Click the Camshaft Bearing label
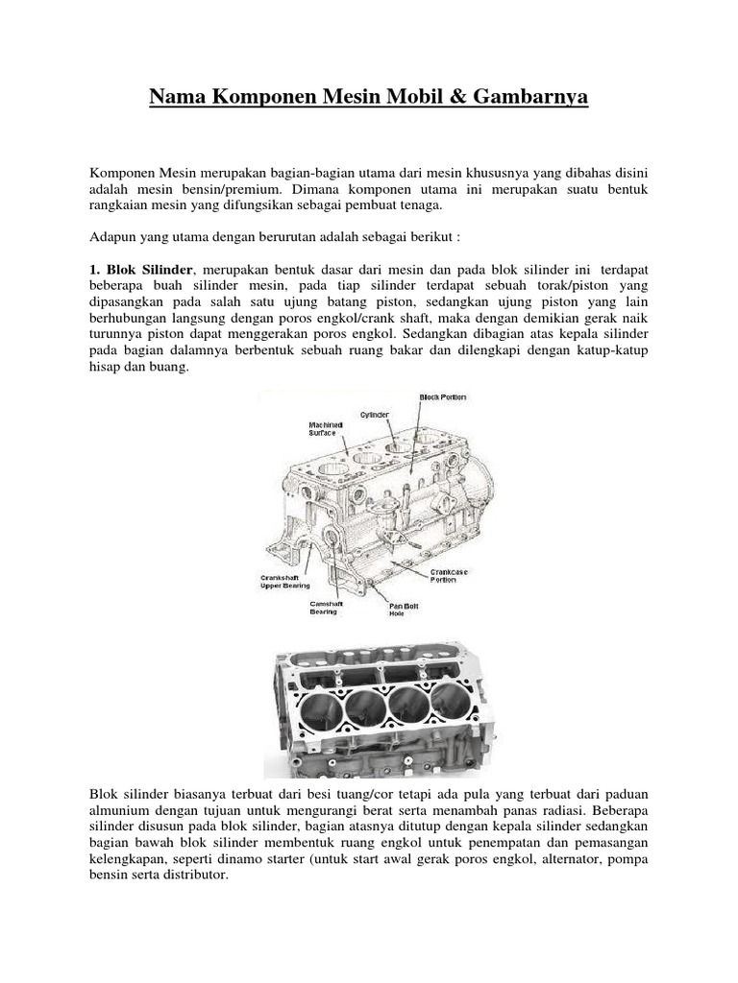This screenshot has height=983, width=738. point(324,608)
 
